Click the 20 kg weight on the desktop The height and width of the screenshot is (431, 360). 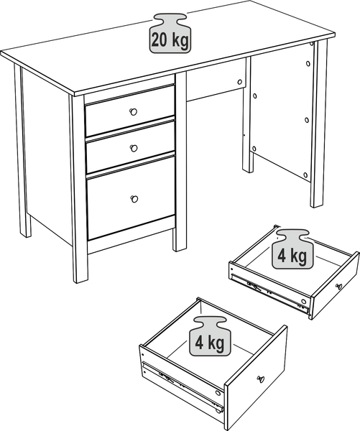[170, 34]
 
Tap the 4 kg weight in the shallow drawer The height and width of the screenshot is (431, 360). [292, 249]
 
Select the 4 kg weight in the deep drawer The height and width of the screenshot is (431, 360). [210, 336]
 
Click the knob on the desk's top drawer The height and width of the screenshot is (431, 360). [134, 112]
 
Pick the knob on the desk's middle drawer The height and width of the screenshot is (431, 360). [134, 148]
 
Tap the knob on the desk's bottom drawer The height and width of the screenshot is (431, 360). [134, 199]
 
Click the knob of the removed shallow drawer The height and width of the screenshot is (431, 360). [339, 287]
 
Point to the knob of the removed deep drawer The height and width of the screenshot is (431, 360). [261, 379]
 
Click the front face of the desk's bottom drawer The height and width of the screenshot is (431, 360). [131, 198]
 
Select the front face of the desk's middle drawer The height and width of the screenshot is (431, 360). [131, 147]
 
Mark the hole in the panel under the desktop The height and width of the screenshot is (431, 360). [239, 82]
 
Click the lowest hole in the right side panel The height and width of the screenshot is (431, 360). [305, 175]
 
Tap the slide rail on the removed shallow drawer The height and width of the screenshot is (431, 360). [269, 293]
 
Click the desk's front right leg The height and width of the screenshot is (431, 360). [320, 124]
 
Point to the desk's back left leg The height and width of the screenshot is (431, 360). [22, 151]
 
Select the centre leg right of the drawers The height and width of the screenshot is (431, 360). [180, 162]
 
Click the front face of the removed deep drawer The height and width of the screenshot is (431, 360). [256, 377]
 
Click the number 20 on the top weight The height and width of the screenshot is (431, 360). [159, 40]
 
